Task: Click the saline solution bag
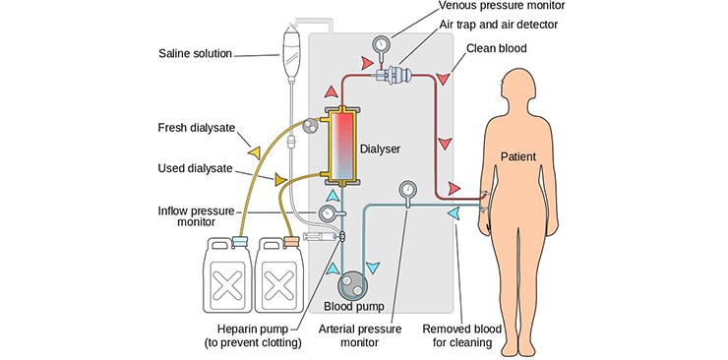click(x=290, y=51)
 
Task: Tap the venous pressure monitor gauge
click(x=382, y=44)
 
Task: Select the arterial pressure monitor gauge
click(x=407, y=189)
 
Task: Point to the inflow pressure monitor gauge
click(x=328, y=213)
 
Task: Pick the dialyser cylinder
click(x=342, y=146)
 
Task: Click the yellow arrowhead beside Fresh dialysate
click(x=255, y=152)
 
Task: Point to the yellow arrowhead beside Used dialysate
click(x=280, y=180)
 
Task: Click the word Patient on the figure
click(x=518, y=156)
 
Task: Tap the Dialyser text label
click(x=380, y=149)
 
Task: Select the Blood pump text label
click(x=354, y=307)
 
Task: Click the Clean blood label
click(x=497, y=48)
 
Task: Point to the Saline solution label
click(x=195, y=53)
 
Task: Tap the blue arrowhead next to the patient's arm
click(x=453, y=212)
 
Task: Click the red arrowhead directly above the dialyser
click(x=331, y=91)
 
